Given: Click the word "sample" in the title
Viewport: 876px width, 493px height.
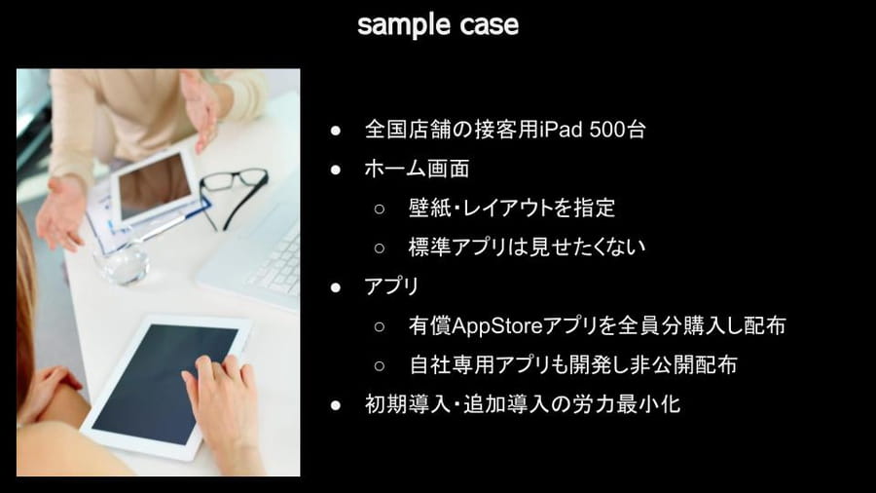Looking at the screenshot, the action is click(x=403, y=25).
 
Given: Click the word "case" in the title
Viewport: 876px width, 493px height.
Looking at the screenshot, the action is click(x=490, y=25).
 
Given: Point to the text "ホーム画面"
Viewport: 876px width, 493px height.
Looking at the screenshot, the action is click(x=417, y=169).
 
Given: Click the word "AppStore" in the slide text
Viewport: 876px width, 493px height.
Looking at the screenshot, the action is click(x=497, y=325).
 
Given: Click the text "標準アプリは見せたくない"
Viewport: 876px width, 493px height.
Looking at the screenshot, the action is click(x=527, y=247).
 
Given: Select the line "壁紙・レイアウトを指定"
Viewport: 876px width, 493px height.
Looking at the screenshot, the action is click(x=512, y=208).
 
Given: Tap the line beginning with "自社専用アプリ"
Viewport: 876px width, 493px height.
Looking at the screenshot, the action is click(x=572, y=365).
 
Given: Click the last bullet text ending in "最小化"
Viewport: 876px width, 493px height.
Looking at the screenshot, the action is click(x=523, y=404).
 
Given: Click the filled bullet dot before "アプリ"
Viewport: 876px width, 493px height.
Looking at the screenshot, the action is click(x=336, y=287).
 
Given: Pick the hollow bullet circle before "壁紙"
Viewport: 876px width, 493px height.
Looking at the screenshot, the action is click(x=380, y=209).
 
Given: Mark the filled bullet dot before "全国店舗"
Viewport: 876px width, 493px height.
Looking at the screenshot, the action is click(x=336, y=132).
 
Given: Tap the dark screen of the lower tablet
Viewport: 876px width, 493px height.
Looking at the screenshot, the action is click(x=165, y=383).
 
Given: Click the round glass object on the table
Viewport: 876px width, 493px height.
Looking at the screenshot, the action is click(x=122, y=263).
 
